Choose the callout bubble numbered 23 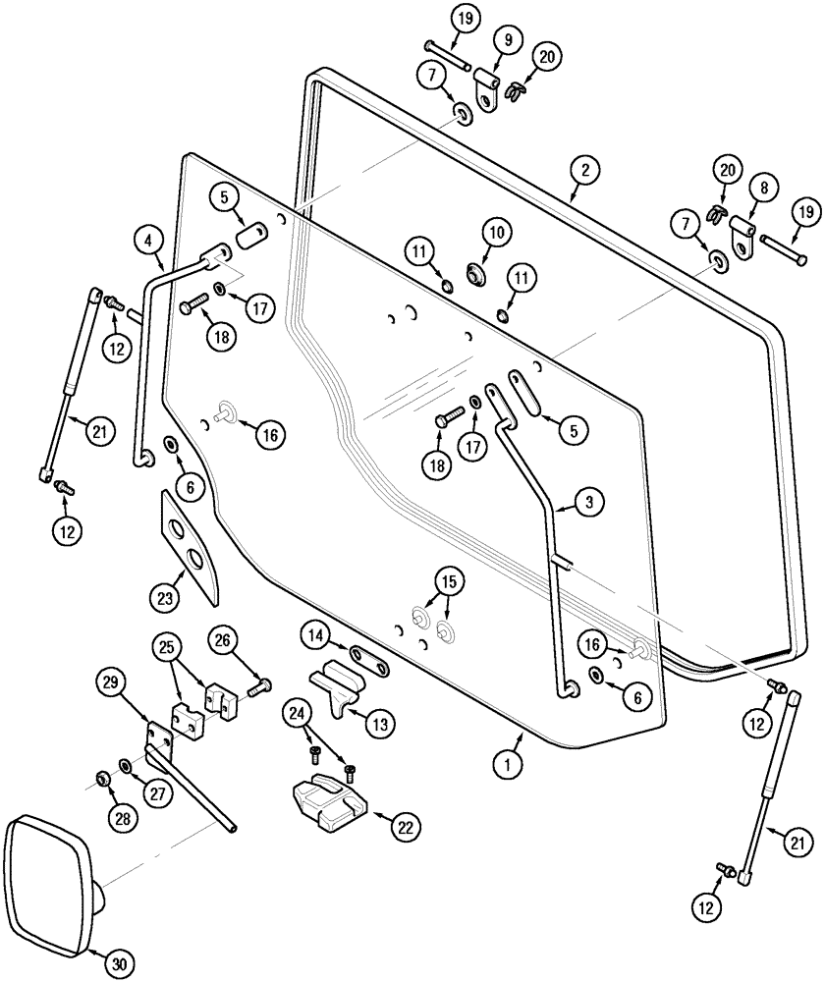164,595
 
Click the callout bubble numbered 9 507,42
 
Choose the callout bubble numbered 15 448,580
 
